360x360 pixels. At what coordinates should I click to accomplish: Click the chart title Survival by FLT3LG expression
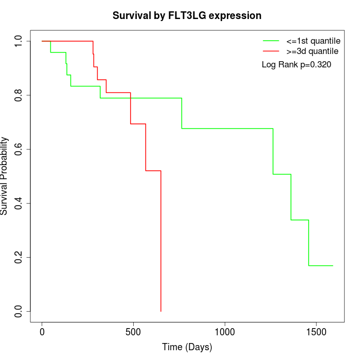click(x=187, y=16)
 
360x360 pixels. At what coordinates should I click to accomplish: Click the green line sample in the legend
click(x=271, y=41)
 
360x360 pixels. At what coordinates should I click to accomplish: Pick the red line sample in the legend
click(x=271, y=51)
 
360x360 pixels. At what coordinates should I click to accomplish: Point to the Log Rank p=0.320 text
click(x=296, y=65)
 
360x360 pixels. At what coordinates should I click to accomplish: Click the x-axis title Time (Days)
click(x=187, y=347)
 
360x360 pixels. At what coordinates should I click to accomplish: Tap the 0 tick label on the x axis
click(x=42, y=331)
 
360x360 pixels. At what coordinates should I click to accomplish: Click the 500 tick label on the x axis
click(x=133, y=331)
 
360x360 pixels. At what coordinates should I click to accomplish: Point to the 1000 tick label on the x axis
click(x=225, y=331)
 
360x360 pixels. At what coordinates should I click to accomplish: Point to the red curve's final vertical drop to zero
click(x=161, y=242)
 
